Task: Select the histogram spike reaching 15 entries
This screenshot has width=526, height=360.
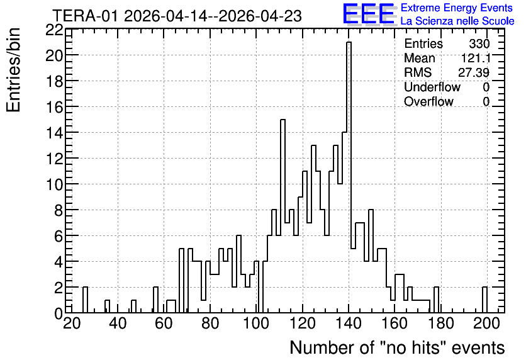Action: pyautogui.click(x=283, y=216)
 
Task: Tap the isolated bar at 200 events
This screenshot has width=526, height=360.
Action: pyautogui.click(x=484, y=300)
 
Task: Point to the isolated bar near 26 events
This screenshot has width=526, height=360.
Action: pyautogui.click(x=85, y=300)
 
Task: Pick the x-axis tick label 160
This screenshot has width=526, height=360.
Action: pyautogui.click(x=395, y=323)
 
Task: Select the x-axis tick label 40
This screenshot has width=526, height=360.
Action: pyautogui.click(x=118, y=323)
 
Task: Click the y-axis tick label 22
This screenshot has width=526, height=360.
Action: pyautogui.click(x=54, y=30)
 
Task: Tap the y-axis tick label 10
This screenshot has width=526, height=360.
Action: pyautogui.click(x=54, y=184)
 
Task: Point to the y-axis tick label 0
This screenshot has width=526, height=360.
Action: pyautogui.click(x=59, y=313)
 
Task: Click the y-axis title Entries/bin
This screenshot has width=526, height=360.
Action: pyautogui.click(x=13, y=70)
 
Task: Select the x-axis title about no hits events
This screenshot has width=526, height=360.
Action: pyautogui.click(x=397, y=347)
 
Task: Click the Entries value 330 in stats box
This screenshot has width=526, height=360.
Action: pyautogui.click(x=479, y=43)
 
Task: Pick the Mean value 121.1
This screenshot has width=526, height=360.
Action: pyautogui.click(x=476, y=58)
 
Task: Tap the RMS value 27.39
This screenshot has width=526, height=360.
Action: pyautogui.click(x=474, y=72)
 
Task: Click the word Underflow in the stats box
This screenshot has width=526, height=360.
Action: pyautogui.click(x=432, y=87)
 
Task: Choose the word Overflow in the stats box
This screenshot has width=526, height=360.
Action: pyautogui.click(x=428, y=101)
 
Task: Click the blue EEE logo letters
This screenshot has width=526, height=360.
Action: pyautogui.click(x=369, y=14)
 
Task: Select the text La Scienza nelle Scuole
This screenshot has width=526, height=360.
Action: pyautogui.click(x=457, y=21)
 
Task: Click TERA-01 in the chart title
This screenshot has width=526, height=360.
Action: pyautogui.click(x=86, y=16)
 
